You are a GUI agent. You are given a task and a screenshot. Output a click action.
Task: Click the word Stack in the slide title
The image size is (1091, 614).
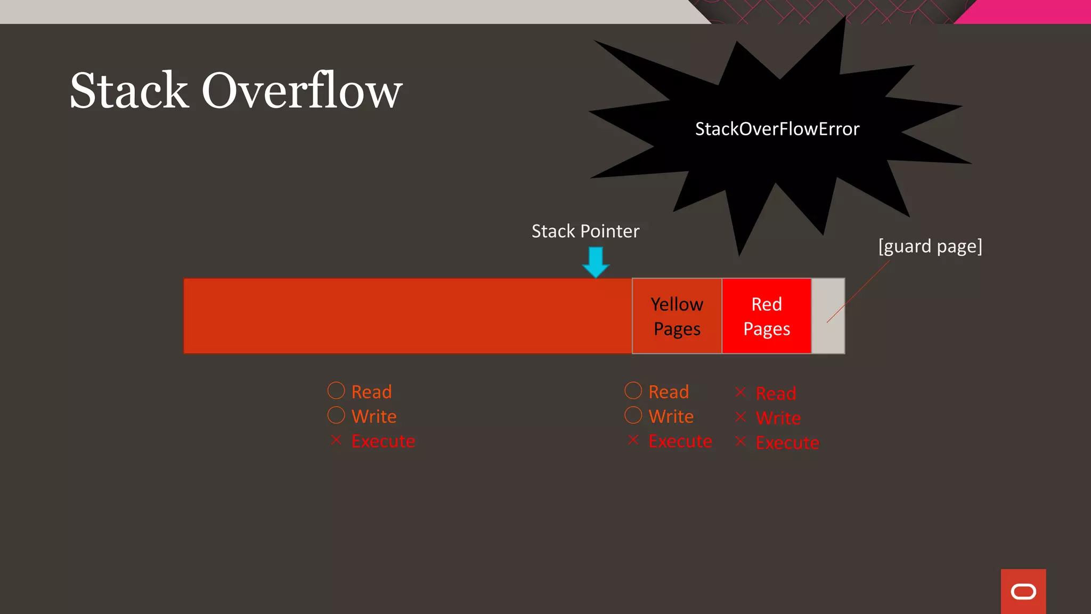point(129,91)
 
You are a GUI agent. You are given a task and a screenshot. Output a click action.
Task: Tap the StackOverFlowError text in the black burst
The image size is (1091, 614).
point(777,129)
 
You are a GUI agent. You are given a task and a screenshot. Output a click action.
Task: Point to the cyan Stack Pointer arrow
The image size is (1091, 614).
point(596,262)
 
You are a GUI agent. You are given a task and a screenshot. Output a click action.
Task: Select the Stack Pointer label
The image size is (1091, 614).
point(585,231)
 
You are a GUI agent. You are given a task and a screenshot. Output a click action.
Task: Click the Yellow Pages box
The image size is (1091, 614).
point(677,316)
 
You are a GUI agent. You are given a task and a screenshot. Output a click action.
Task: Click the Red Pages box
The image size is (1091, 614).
point(767,316)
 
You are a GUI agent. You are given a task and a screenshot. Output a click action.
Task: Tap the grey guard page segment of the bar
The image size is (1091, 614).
point(828,316)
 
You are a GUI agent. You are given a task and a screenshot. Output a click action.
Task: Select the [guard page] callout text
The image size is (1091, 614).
point(930,246)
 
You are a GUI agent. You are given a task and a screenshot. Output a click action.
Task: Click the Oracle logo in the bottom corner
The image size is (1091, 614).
point(1023,592)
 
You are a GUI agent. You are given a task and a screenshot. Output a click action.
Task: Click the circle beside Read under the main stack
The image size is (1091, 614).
point(336,391)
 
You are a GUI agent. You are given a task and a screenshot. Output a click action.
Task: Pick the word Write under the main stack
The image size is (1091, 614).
point(374,416)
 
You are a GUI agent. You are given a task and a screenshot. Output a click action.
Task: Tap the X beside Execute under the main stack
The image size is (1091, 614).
point(336,440)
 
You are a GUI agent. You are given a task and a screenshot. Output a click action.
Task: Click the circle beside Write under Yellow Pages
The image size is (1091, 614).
point(633,415)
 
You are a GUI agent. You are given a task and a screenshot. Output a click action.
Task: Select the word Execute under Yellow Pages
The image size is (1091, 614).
point(680,441)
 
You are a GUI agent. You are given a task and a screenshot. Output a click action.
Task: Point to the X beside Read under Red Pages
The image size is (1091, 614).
point(740,392)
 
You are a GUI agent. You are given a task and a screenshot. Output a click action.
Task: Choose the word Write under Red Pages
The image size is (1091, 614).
point(778,418)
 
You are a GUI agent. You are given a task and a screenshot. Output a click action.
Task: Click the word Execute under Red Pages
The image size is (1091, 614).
point(787,443)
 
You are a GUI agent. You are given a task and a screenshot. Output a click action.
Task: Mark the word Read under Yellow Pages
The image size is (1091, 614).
point(669,392)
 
